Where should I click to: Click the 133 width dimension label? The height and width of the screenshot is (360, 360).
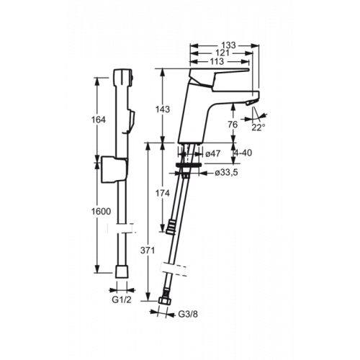(x=228, y=45)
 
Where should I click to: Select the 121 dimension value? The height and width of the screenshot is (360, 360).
(x=222, y=53)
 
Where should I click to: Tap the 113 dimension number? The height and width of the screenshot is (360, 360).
(x=217, y=61)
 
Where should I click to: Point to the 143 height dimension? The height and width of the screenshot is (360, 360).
(x=163, y=109)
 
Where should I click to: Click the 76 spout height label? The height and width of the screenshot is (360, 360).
(x=233, y=125)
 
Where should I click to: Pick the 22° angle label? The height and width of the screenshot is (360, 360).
(x=258, y=127)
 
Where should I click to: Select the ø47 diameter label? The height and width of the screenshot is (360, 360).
(x=213, y=153)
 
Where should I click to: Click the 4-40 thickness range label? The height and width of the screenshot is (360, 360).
(x=243, y=153)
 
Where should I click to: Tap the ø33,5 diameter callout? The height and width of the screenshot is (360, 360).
(x=226, y=172)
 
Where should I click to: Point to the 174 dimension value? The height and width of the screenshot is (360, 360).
(x=163, y=193)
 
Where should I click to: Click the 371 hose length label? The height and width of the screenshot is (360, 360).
(x=148, y=251)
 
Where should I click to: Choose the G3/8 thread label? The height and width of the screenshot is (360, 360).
(x=188, y=314)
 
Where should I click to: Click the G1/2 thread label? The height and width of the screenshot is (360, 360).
(x=122, y=300)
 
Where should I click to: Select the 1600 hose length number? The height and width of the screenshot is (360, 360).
(x=101, y=212)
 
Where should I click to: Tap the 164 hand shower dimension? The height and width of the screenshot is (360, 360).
(x=99, y=120)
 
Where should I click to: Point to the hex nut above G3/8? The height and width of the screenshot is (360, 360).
(x=165, y=301)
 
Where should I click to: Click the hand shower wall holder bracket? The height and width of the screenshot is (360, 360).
(x=114, y=169)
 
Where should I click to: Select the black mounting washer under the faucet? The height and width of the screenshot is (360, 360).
(x=189, y=165)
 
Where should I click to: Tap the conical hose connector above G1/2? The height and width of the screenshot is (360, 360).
(x=122, y=271)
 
